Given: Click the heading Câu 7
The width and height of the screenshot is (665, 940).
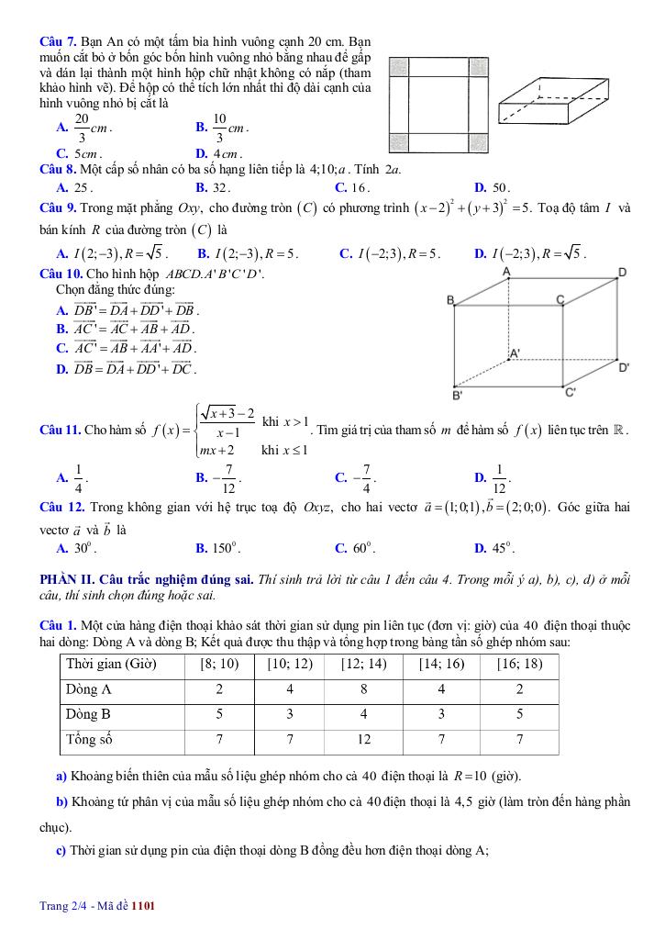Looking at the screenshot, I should (59, 42).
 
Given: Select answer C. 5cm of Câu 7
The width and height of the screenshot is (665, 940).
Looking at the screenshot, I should (79, 154).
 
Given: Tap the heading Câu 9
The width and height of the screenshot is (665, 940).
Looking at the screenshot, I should (59, 209).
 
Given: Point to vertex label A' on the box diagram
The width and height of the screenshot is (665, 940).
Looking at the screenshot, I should (515, 352).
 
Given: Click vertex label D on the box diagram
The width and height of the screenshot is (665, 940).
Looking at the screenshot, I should (622, 273).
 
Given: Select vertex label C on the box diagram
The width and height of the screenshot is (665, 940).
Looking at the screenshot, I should (560, 299).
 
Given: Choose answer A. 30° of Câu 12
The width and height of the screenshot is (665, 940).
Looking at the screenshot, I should (76, 549).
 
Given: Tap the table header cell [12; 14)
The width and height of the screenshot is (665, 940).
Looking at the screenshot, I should (363, 664).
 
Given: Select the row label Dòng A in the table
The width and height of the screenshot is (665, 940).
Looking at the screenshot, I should (89, 688).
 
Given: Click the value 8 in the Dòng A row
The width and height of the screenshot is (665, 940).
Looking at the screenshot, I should (363, 688).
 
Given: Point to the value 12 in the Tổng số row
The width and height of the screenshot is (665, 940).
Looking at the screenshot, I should (363, 738).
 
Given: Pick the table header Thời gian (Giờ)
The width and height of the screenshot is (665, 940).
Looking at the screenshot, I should (111, 664).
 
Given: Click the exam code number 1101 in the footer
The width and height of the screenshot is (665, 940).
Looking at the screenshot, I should (143, 907).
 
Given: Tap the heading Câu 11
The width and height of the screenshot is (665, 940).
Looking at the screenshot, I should (61, 430).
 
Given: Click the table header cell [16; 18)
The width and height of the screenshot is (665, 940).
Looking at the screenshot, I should (519, 664).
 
